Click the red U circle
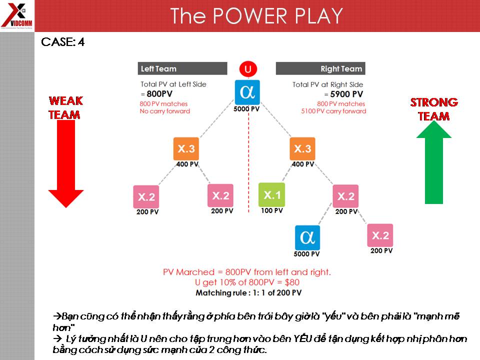click(247, 68)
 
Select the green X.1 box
click(272, 195)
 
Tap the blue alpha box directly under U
click(247, 92)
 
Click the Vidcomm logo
click(16, 15)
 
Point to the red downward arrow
click(66, 162)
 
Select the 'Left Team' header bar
click(182, 68)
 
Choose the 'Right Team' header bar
click(320, 68)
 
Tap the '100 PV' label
click(272, 210)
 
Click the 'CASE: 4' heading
click(63, 42)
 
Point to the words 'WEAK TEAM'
click(65, 108)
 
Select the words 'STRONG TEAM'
click(434, 109)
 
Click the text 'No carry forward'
click(165, 111)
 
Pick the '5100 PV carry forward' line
click(334, 111)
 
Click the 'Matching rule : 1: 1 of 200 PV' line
click(248, 292)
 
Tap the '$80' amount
click(290, 282)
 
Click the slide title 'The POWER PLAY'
click(256, 16)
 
